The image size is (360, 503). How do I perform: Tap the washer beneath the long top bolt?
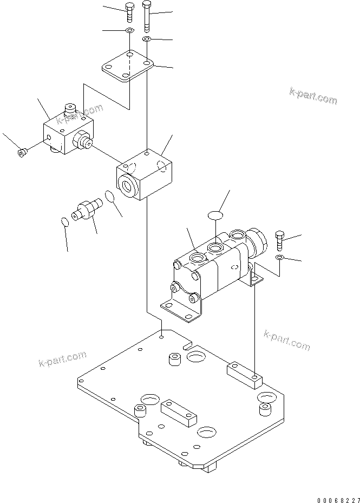click(147, 40)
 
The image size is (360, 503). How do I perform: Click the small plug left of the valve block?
click(22, 153)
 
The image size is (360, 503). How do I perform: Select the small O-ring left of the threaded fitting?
click(64, 221)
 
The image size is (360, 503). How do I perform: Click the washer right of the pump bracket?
click(279, 257)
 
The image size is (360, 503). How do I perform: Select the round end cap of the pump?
click(259, 243)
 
